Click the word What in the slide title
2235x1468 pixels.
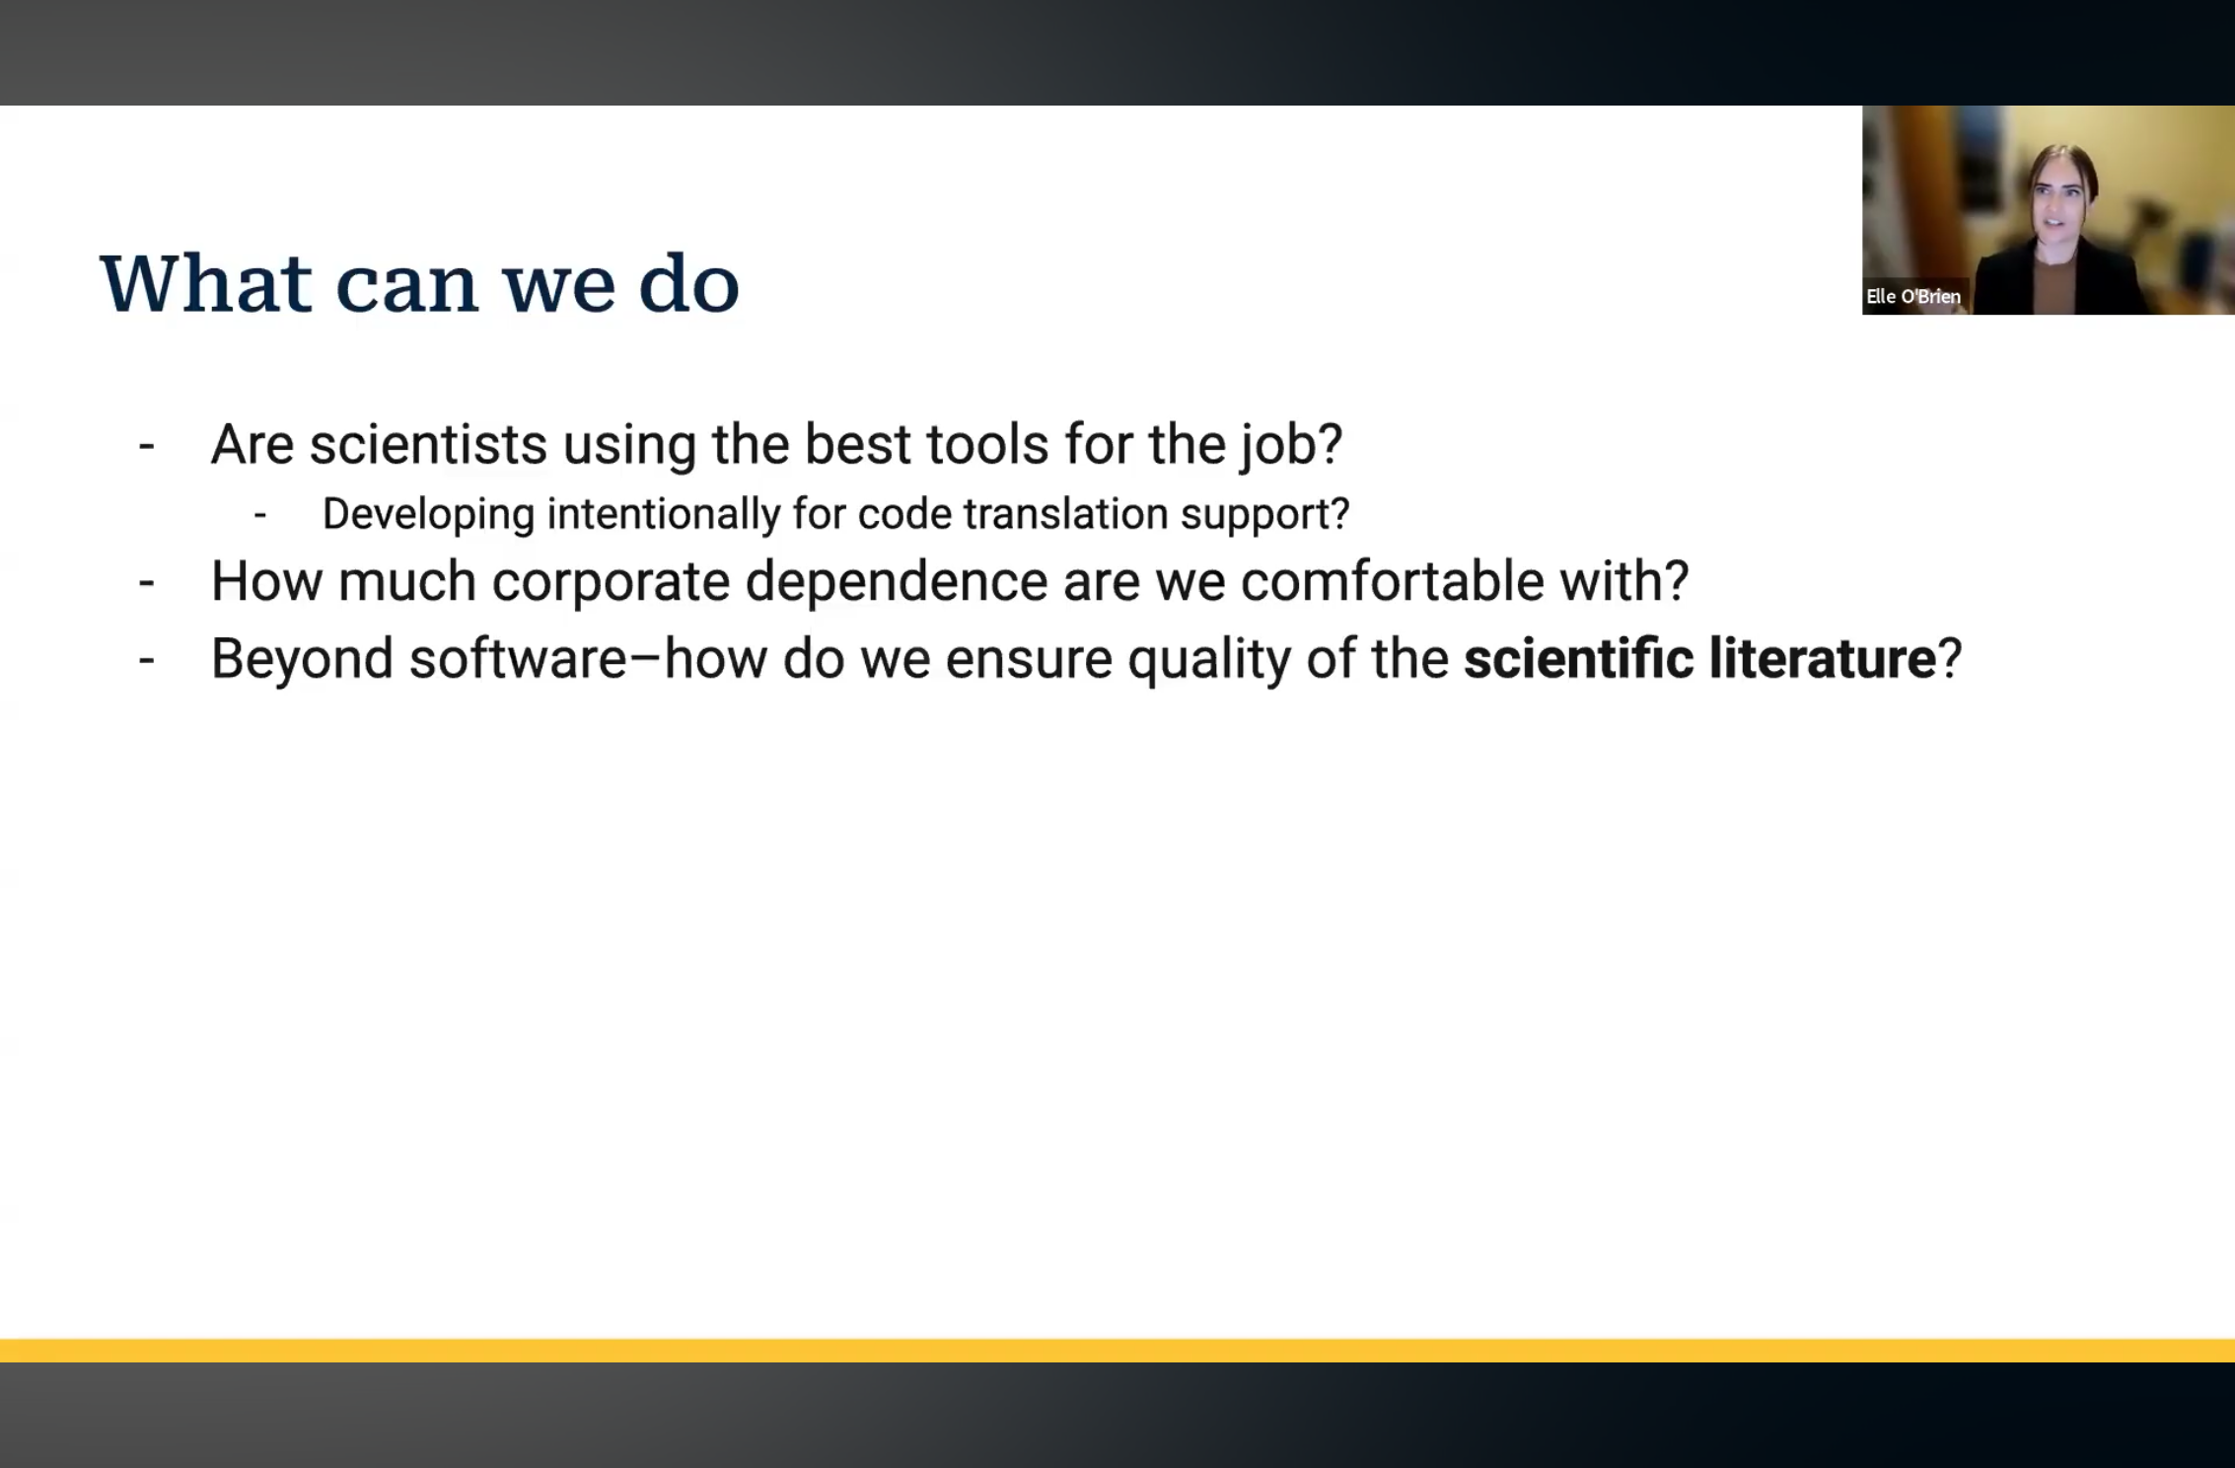pyautogui.click(x=206, y=284)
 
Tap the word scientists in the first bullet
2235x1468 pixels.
pyautogui.click(x=428, y=444)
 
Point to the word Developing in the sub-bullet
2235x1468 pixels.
pyautogui.click(x=428, y=515)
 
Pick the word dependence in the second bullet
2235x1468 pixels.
pyautogui.click(x=896, y=580)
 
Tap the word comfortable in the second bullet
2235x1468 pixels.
pyautogui.click(x=1392, y=580)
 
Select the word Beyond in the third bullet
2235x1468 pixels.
pyautogui.click(x=302, y=659)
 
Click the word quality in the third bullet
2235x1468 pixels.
pyautogui.click(x=1209, y=659)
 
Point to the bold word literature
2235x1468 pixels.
pyautogui.click(x=1823, y=658)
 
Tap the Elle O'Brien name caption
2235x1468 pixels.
pyautogui.click(x=1912, y=296)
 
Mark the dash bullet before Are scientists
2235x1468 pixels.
pyautogui.click(x=147, y=447)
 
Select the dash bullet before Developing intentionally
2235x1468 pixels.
pyautogui.click(x=260, y=515)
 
